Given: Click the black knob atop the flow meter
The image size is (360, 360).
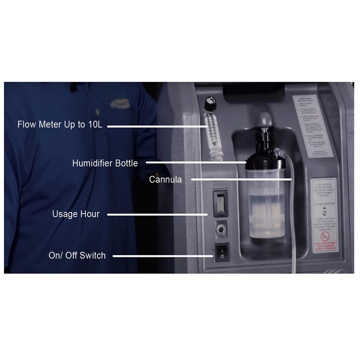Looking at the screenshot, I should [209, 104].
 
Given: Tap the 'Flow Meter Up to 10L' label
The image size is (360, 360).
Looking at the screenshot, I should [60, 125].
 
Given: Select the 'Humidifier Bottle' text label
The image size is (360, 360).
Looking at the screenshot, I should [105, 163].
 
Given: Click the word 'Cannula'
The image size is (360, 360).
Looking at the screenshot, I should [166, 179].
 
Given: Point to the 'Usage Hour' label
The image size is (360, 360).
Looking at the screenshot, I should [76, 214].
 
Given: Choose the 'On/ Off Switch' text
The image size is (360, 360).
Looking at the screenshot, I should [77, 256].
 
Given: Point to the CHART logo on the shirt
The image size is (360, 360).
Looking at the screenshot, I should [120, 104].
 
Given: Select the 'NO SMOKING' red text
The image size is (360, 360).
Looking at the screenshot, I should [325, 244].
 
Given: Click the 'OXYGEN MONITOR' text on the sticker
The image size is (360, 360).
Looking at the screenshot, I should [324, 203].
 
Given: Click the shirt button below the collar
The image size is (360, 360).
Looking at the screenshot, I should [98, 112].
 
